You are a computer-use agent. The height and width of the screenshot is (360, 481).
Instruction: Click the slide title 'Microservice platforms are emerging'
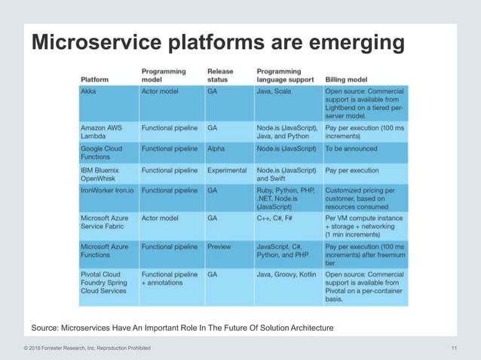(217, 44)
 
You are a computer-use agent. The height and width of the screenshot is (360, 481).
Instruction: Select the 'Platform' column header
(94, 78)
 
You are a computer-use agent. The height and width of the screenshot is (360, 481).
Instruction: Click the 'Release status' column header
(222, 74)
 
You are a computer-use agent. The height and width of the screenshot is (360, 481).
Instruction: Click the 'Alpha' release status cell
(216, 149)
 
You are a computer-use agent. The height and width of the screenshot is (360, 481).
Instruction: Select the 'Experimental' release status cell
(227, 170)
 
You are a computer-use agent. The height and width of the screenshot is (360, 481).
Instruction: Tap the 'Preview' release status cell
(219, 246)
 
